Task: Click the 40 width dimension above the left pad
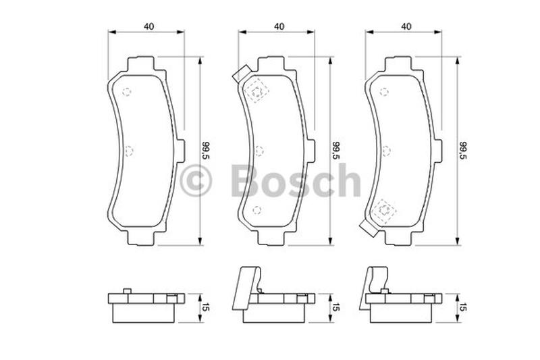click(x=149, y=26)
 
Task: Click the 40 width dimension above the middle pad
click(x=279, y=26)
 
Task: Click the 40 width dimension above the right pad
click(x=406, y=26)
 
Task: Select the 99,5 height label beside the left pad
click(x=206, y=150)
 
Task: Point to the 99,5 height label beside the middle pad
click(x=335, y=150)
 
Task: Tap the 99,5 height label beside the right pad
click(x=463, y=150)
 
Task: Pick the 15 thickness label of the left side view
click(x=206, y=307)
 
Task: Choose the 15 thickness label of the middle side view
click(x=335, y=307)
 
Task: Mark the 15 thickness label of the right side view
click(x=463, y=307)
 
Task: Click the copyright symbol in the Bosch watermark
click(x=196, y=180)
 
